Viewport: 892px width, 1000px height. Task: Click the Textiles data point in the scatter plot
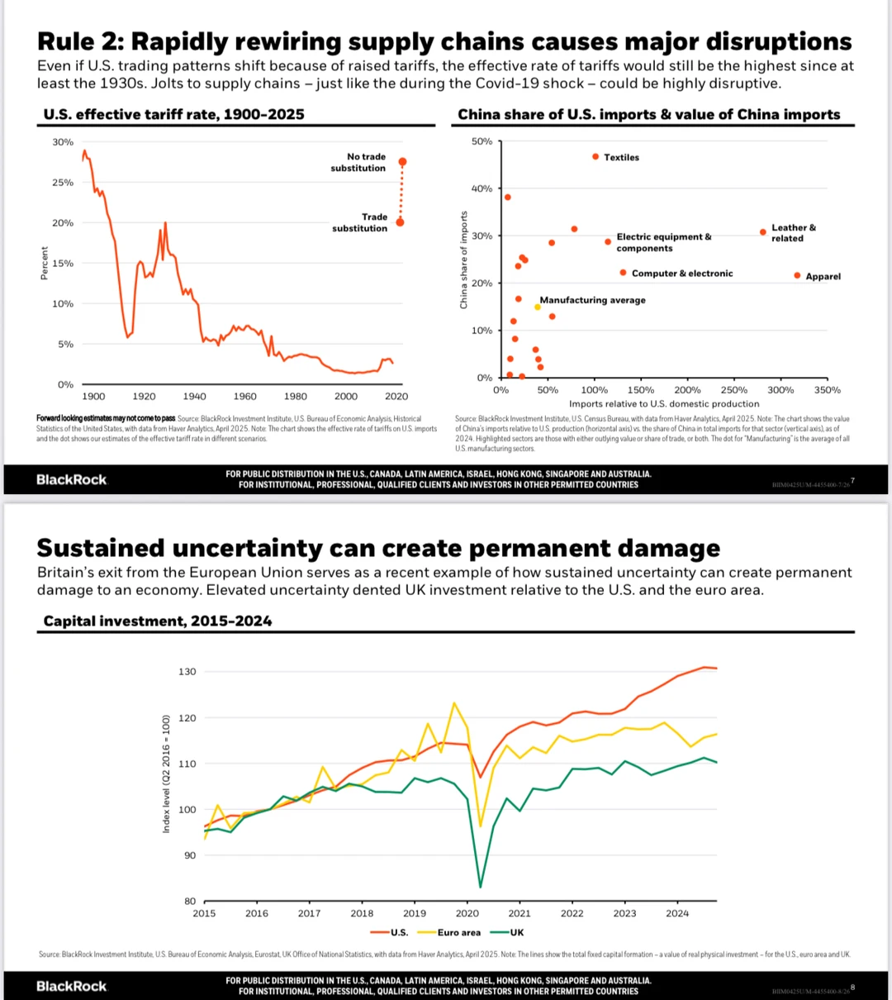(x=595, y=156)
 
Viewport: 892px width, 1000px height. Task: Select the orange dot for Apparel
(x=797, y=275)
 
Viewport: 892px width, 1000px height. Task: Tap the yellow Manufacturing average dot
(x=538, y=307)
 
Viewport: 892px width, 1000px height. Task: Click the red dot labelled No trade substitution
(x=402, y=162)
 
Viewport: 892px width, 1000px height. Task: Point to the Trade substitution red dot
(x=401, y=221)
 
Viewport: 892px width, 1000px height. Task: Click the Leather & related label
(x=793, y=233)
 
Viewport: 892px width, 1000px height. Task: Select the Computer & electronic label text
(x=681, y=274)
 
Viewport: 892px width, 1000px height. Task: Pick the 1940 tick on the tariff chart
(x=195, y=397)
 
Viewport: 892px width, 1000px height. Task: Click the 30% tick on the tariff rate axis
(x=63, y=142)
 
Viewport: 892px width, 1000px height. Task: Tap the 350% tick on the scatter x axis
(x=827, y=390)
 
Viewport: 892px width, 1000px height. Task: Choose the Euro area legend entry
(x=458, y=932)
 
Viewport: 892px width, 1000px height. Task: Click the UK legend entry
(x=517, y=932)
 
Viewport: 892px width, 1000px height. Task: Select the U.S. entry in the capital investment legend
(x=399, y=932)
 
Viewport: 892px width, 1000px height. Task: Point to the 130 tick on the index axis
(x=187, y=672)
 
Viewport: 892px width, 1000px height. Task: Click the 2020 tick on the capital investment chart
(x=467, y=913)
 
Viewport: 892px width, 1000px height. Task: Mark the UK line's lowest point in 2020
(x=480, y=888)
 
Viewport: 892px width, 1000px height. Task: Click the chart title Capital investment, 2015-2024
(x=158, y=621)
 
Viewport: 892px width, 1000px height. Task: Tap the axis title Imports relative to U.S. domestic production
(x=664, y=404)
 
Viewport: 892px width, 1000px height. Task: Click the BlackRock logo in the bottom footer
(x=72, y=986)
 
